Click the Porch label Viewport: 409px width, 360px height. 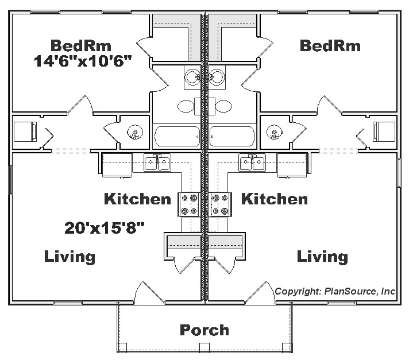(x=204, y=330)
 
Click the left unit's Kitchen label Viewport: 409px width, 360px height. (x=137, y=199)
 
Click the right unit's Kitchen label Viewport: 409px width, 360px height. (x=274, y=199)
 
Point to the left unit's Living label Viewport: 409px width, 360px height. (x=70, y=256)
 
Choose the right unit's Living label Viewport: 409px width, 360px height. (x=322, y=256)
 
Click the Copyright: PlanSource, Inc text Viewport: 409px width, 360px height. (x=335, y=291)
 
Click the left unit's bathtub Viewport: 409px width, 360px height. (x=177, y=137)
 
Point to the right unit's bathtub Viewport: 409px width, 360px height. (x=231, y=137)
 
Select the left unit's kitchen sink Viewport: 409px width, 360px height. (x=157, y=163)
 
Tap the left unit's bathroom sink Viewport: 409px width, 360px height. (x=192, y=77)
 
